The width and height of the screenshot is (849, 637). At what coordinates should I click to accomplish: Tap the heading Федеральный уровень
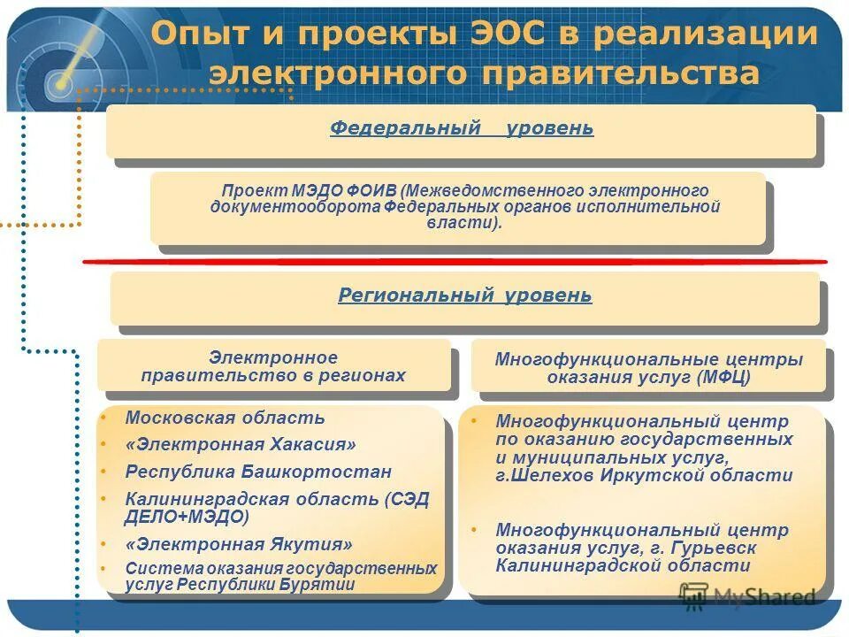(x=462, y=129)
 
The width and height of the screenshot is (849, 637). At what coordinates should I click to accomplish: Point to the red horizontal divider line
(x=455, y=262)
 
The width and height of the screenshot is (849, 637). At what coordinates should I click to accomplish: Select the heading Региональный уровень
(x=465, y=295)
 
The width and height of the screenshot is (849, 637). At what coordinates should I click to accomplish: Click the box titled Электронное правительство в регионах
(x=273, y=366)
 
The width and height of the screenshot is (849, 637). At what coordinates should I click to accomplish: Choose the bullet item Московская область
(x=225, y=418)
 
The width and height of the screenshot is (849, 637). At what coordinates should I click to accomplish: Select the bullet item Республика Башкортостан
(x=258, y=472)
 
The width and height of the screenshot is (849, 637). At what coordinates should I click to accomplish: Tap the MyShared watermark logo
(x=746, y=596)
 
